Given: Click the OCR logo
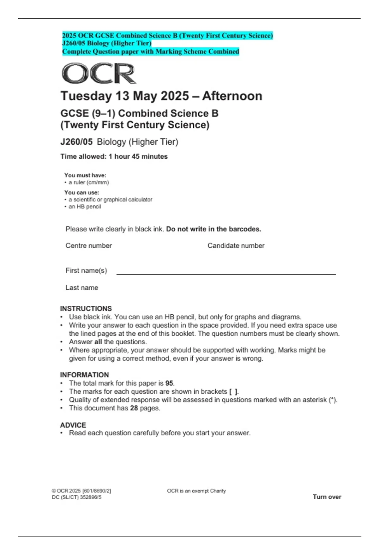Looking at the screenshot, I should (99, 73).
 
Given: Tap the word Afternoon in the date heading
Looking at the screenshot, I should (232, 96).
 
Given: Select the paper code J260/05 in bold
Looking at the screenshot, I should (76, 142).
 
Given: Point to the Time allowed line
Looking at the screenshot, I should (114, 156).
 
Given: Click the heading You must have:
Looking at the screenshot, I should (85, 175).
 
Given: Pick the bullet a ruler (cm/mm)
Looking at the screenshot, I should (89, 182).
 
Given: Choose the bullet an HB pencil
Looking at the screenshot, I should (85, 207).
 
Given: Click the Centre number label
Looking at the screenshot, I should (89, 245).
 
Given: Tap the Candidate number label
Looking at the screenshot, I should (236, 245).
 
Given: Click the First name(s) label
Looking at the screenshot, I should (86, 270).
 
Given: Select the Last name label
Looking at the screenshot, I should (82, 287).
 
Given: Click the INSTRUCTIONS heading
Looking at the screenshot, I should (86, 308).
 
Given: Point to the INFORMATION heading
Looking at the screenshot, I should (84, 375).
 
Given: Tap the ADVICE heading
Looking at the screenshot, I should (73, 425).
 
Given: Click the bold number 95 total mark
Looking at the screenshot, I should (169, 383).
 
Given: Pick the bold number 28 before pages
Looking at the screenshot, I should (134, 408).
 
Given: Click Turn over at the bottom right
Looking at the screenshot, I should (327, 497).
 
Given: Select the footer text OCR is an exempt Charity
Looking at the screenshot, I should (196, 491).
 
